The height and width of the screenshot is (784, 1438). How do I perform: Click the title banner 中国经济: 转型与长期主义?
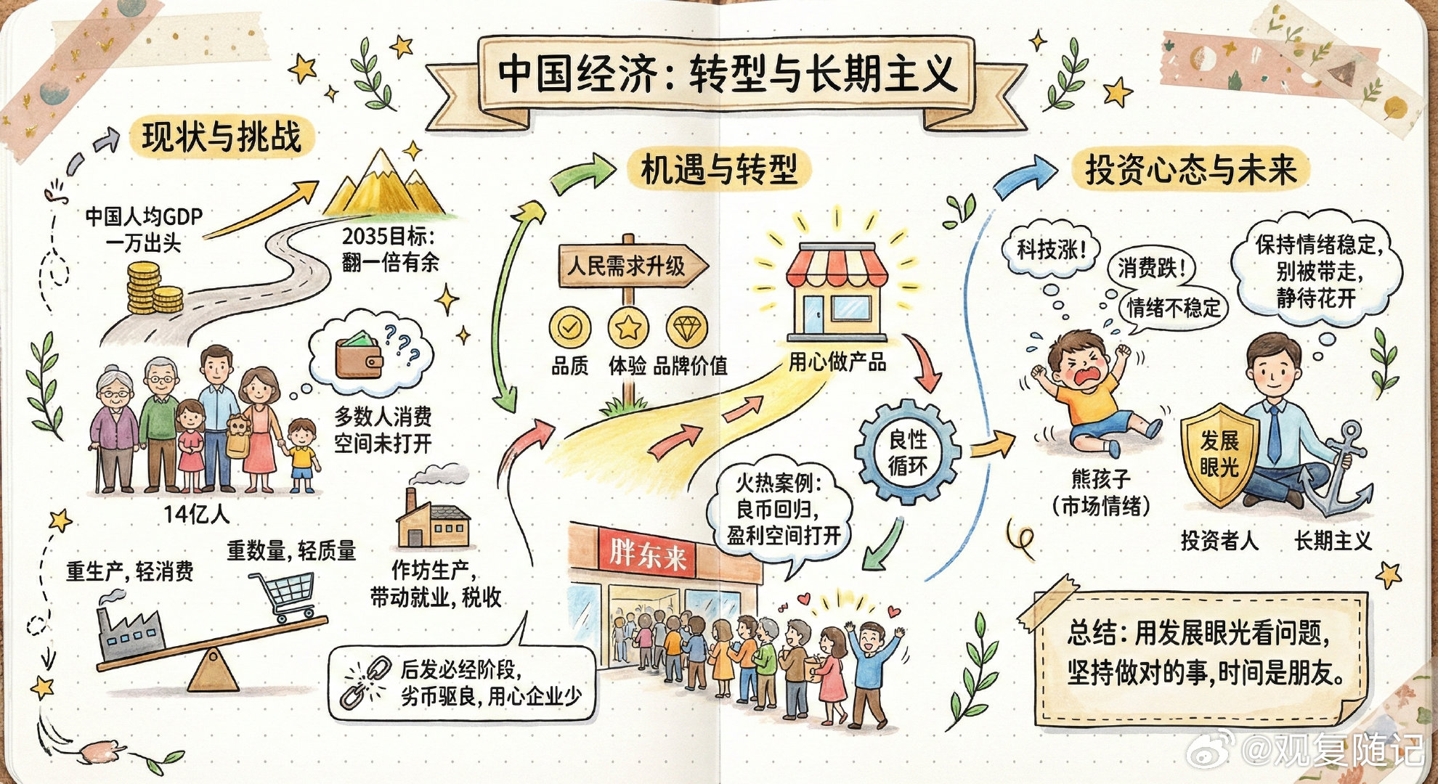tap(726, 74)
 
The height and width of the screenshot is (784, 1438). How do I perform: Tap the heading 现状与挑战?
tap(222, 136)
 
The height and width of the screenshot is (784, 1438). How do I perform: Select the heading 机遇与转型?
tap(719, 169)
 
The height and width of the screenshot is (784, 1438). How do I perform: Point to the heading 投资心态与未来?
tap(1190, 169)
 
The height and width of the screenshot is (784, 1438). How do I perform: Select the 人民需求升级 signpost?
tap(629, 266)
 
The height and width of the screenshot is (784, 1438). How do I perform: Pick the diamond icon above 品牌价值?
tap(686, 328)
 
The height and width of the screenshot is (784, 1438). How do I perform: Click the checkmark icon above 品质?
tap(569, 328)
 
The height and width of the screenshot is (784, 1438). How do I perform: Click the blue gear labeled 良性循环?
tap(907, 452)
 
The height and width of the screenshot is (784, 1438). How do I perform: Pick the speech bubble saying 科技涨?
tap(1050, 250)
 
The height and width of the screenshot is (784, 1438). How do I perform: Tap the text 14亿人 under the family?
tap(196, 514)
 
